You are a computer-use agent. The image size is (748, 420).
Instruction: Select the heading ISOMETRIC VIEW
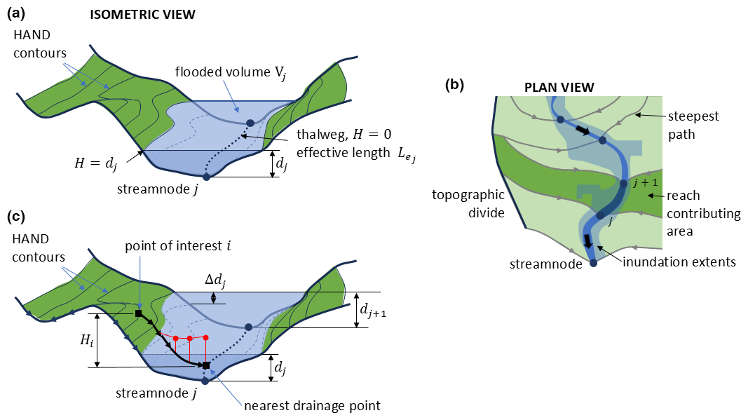pos(143,14)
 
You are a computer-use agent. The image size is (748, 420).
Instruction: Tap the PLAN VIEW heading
pos(559,88)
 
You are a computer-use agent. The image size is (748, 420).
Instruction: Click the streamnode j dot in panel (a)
pos(206,177)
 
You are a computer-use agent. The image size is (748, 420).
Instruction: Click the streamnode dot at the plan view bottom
pos(593,263)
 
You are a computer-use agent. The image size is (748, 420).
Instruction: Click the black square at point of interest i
pos(138,313)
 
